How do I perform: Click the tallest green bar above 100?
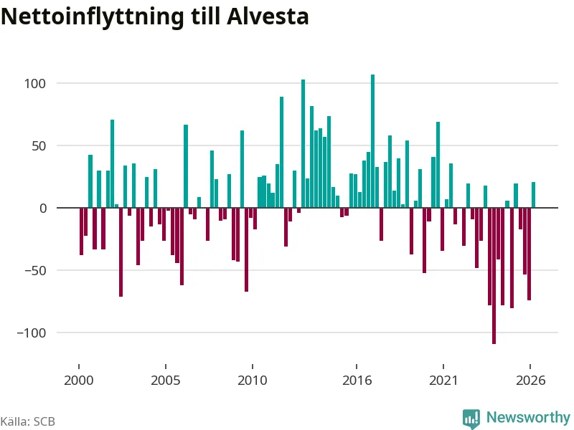tap(372, 141)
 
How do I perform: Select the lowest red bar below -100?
tap(494, 276)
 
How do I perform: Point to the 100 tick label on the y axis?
tap(34, 84)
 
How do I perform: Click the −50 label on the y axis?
tap(35, 271)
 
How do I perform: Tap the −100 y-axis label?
tap(32, 333)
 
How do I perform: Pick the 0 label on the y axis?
tap(43, 209)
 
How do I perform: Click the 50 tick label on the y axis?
tap(39, 146)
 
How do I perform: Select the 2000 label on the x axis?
tap(79, 381)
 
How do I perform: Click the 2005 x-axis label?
tap(166, 381)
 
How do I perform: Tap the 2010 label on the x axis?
tap(253, 381)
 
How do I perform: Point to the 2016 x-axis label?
tap(357, 381)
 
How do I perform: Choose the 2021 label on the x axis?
tap(443, 381)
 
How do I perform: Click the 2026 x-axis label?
tap(530, 381)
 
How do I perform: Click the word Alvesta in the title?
tap(268, 16)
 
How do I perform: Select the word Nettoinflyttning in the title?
tap(93, 17)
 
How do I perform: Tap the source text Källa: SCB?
tap(28, 421)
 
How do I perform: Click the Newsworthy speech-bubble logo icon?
tap(471, 419)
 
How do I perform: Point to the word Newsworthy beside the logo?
tap(528, 417)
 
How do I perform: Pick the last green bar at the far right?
tap(533, 195)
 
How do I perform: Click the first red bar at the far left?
tap(81, 231)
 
